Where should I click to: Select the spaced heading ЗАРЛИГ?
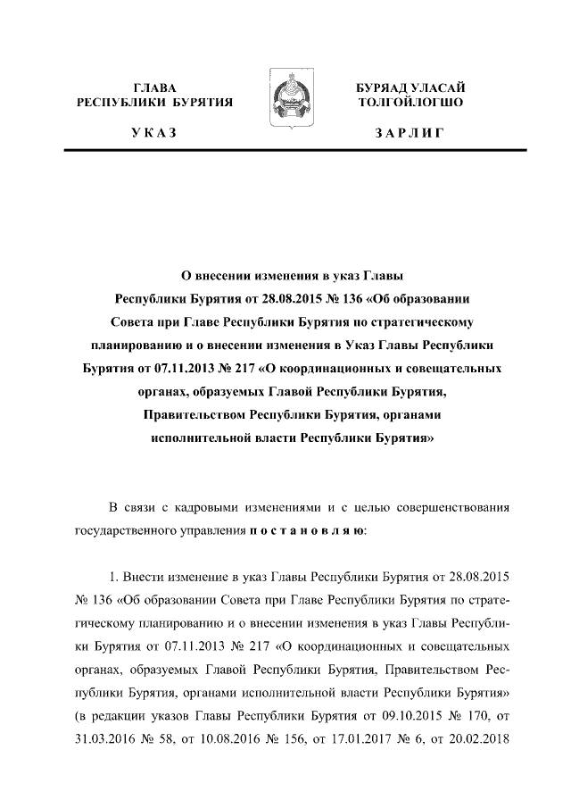click(x=410, y=133)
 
